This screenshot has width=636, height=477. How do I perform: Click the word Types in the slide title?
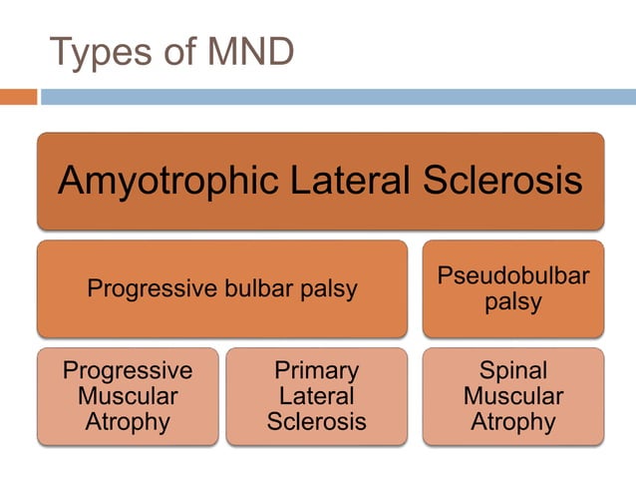point(103,53)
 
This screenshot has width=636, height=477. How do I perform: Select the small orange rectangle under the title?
point(18,97)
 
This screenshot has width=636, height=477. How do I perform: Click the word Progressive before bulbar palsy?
point(151,289)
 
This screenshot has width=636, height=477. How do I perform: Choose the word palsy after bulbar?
point(328,289)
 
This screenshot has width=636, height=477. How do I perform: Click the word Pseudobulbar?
point(513,276)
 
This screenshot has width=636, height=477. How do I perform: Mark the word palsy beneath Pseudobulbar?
point(513,301)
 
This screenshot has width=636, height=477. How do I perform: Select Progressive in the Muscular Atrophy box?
point(128,371)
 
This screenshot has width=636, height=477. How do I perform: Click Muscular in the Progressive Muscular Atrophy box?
point(128,396)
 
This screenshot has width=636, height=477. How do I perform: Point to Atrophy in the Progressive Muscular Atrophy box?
point(128,421)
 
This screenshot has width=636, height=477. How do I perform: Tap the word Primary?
point(316,371)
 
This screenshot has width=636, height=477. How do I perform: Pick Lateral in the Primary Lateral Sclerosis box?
point(316,396)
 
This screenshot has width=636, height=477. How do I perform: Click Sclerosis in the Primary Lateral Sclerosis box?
point(316,421)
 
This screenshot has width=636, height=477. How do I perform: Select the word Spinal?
point(513,371)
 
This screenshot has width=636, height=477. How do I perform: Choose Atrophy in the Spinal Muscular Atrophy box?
point(513,421)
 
